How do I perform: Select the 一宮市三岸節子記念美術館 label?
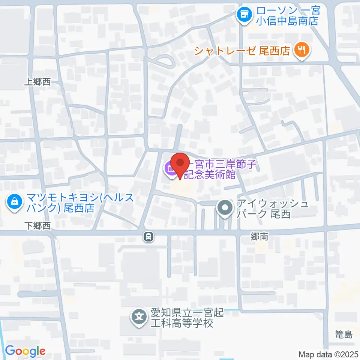tap(214, 169)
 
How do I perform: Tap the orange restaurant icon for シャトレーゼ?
tap(301, 49)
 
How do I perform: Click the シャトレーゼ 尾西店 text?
tap(242, 50)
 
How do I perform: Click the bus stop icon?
tap(149, 237)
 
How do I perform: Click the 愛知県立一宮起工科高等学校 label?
tap(187, 318)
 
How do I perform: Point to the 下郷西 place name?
tap(37, 225)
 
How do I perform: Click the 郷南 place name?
tap(259, 237)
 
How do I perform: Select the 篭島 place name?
tap(344, 335)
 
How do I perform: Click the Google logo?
tap(25, 351)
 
